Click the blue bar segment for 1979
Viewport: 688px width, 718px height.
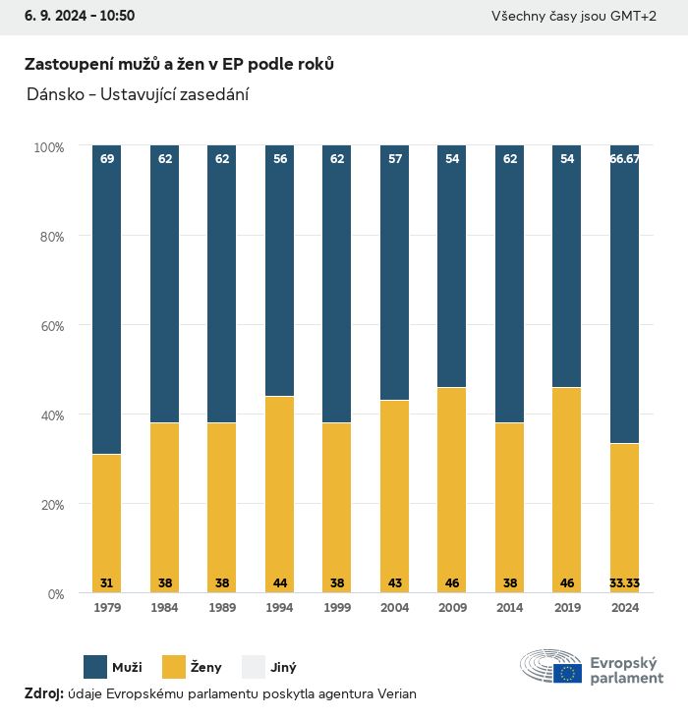tap(107, 300)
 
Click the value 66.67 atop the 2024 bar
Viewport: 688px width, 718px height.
tap(624, 158)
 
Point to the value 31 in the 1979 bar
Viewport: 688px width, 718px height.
tap(107, 582)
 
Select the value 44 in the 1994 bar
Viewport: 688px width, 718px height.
tap(279, 582)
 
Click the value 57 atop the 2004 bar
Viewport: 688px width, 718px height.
tap(394, 158)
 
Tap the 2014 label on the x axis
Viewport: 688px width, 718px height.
tap(509, 608)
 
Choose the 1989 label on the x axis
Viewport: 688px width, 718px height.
tap(222, 608)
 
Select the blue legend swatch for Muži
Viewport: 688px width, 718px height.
tap(95, 667)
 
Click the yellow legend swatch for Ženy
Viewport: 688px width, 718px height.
tap(174, 667)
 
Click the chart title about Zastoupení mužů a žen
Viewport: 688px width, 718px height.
tap(179, 64)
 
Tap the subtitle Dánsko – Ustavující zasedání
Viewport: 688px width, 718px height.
tap(137, 94)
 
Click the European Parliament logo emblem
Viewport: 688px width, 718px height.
tap(551, 666)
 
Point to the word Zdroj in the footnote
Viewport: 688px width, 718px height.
tap(43, 693)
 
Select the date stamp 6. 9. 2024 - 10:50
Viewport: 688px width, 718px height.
tap(73, 16)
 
